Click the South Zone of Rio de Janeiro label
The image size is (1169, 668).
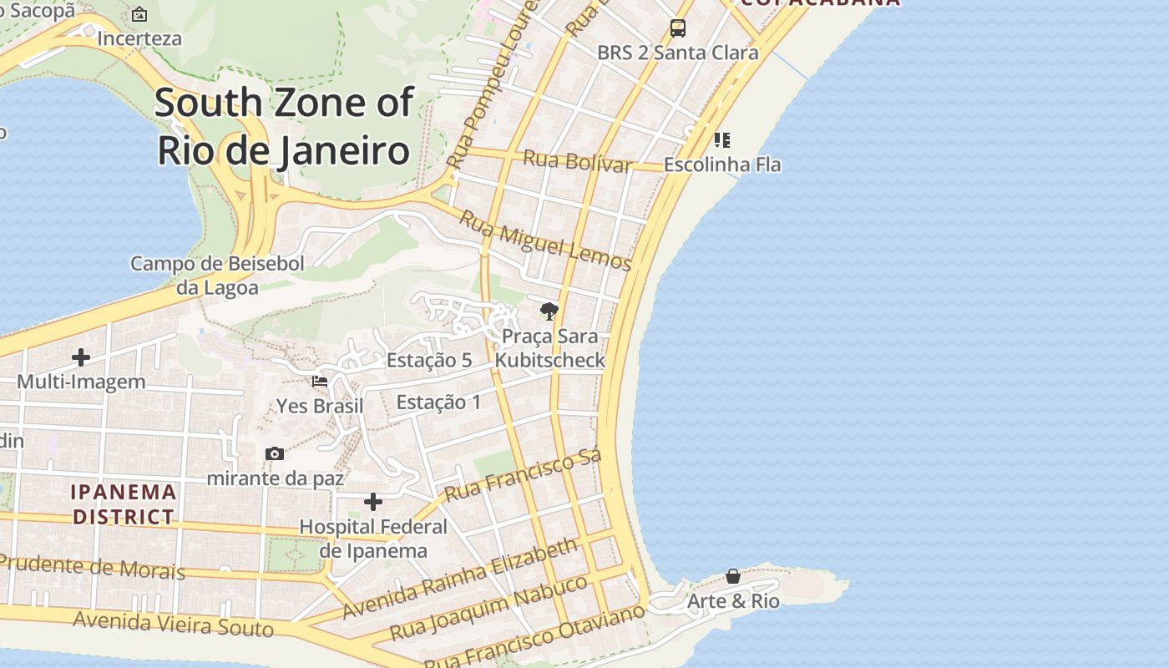pyautogui.click(x=284, y=127)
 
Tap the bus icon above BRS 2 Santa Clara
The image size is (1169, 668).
pyautogui.click(x=678, y=28)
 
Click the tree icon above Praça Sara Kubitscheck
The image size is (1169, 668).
pyautogui.click(x=549, y=311)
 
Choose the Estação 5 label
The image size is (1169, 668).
pyautogui.click(x=429, y=361)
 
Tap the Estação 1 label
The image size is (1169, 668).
pyautogui.click(x=438, y=402)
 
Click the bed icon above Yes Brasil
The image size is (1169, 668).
pyautogui.click(x=320, y=382)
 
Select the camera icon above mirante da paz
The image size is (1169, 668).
pyautogui.click(x=275, y=454)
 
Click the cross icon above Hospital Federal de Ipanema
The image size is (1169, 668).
pyautogui.click(x=373, y=502)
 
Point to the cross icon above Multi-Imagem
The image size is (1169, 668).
pyautogui.click(x=81, y=357)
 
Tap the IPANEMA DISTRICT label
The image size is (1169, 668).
pyautogui.click(x=124, y=504)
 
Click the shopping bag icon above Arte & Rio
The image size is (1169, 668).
pyautogui.click(x=732, y=576)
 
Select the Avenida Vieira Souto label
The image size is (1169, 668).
pyautogui.click(x=173, y=624)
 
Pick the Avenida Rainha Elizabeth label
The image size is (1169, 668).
pyautogui.click(x=459, y=579)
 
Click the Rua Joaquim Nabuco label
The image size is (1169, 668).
pyautogui.click(x=488, y=607)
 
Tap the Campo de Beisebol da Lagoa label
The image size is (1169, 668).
pyautogui.click(x=217, y=276)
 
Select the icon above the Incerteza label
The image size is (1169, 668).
pyautogui.click(x=139, y=14)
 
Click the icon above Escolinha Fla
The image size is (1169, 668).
pyautogui.click(x=722, y=139)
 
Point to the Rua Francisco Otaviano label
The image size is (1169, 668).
pyautogui.click(x=534, y=637)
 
